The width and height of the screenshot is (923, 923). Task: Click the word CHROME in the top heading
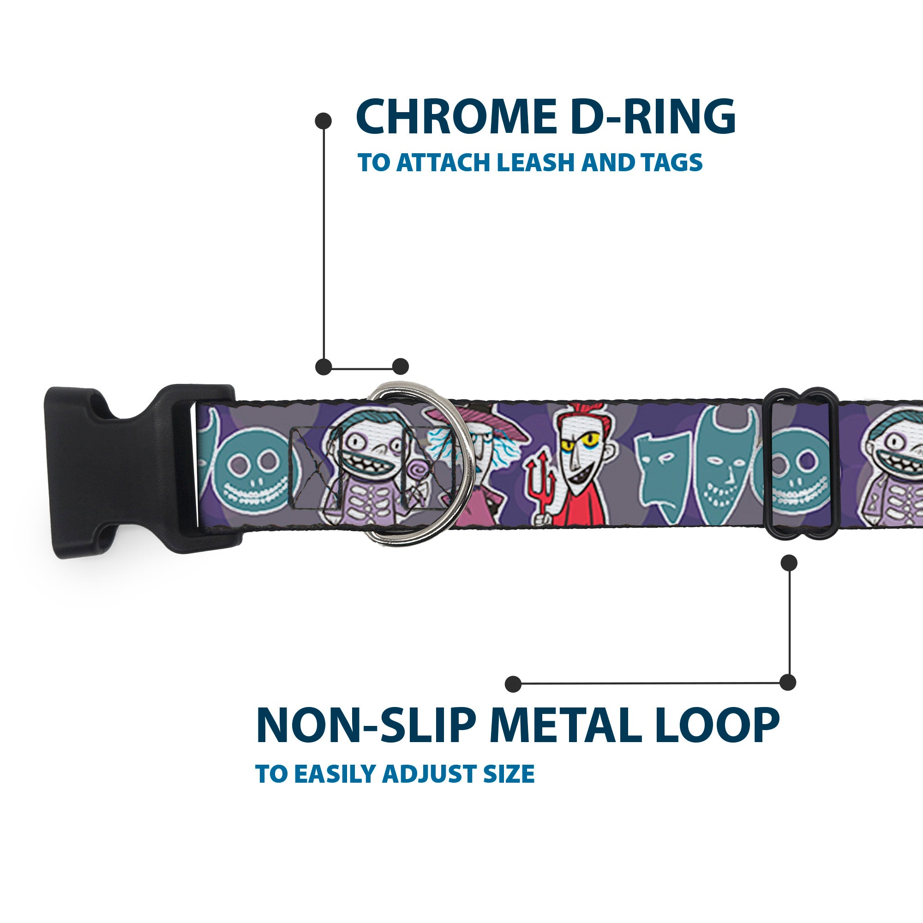(457, 118)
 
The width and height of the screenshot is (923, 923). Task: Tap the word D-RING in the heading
(653, 118)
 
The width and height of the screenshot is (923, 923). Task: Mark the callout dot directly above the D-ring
(400, 366)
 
